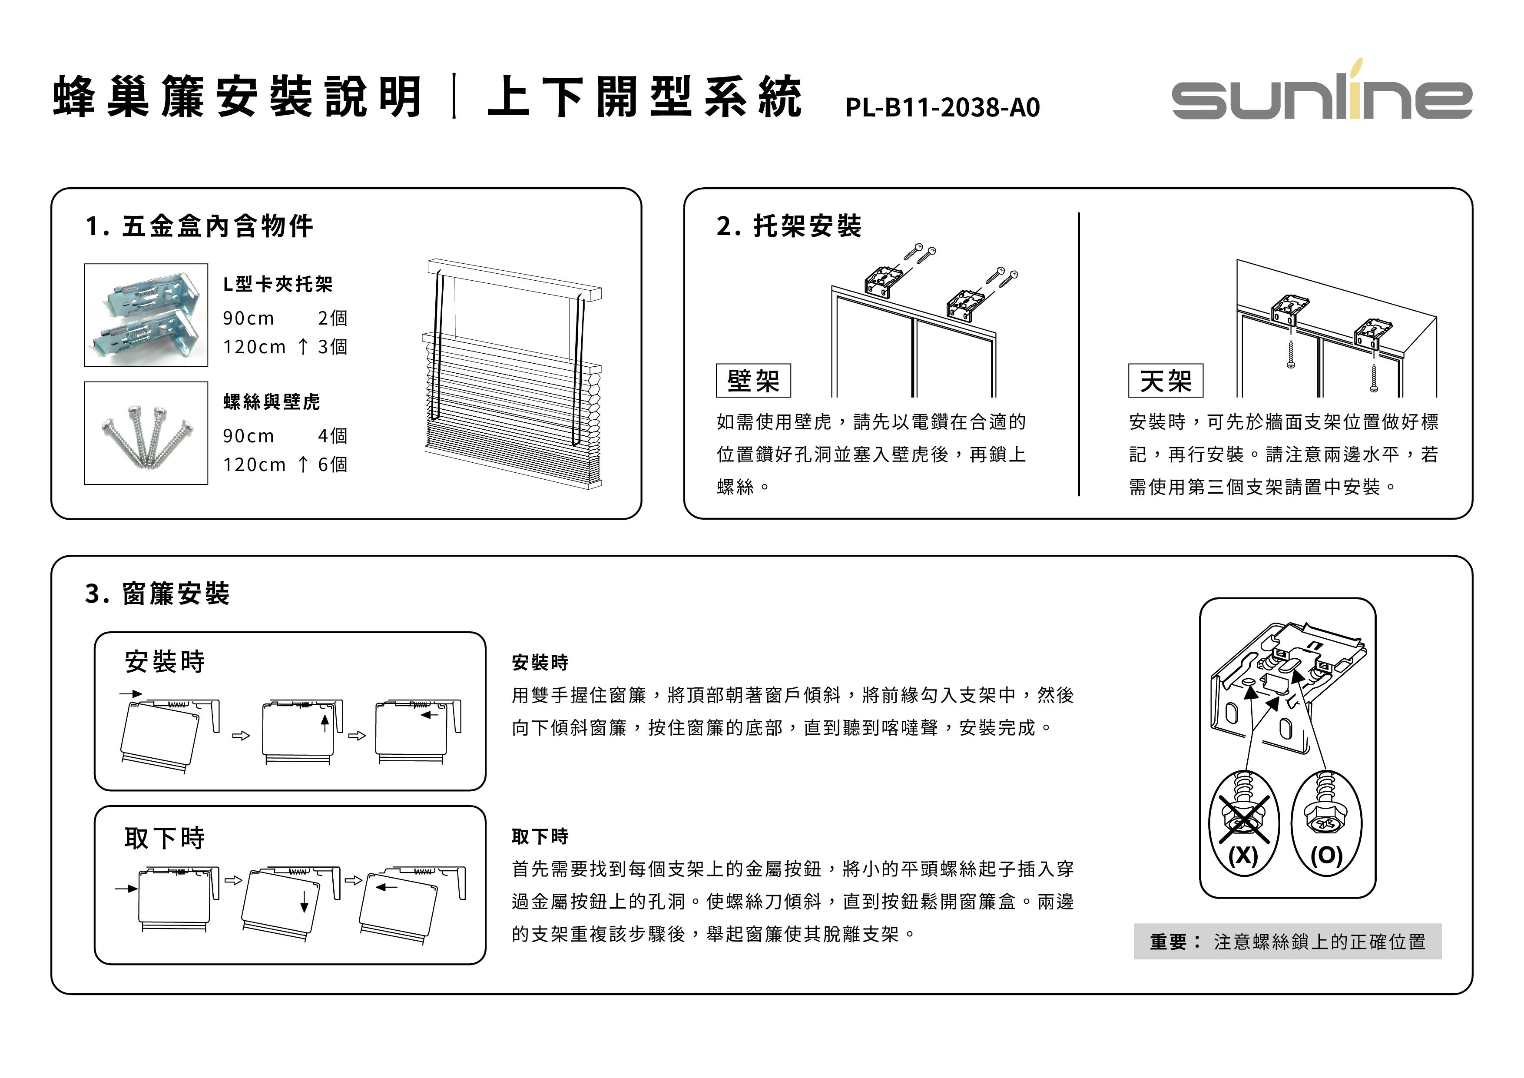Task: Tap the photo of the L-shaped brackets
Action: (146, 315)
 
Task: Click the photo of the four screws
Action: (146, 433)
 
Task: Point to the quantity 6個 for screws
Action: (332, 464)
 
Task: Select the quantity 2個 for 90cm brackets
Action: (332, 318)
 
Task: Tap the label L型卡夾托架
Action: (278, 285)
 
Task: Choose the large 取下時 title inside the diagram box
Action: (165, 838)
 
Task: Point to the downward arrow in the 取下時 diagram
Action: (304, 902)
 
